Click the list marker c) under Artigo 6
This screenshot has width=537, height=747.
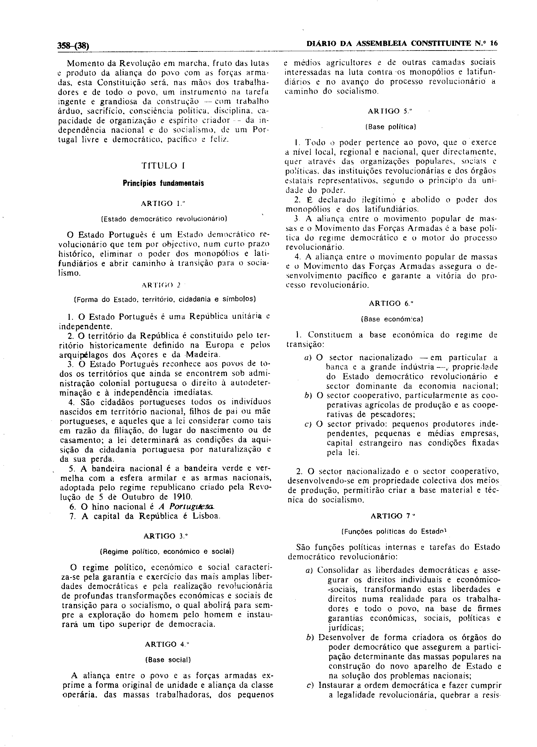coord(308,424)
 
